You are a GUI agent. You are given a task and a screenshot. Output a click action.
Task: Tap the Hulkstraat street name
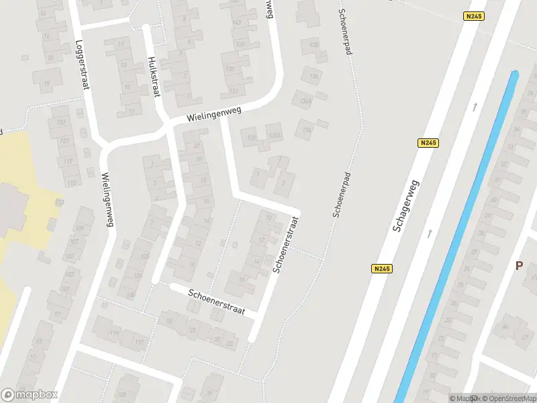tap(153, 76)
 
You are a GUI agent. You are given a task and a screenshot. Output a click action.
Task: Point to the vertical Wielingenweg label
tap(106, 199)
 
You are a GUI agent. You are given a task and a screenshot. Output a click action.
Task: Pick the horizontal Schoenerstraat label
tap(217, 303)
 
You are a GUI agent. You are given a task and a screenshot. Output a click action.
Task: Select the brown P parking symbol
tap(518, 265)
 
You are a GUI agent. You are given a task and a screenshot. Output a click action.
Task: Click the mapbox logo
tap(29, 395)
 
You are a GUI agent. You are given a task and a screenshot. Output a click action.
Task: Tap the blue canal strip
tap(463, 235)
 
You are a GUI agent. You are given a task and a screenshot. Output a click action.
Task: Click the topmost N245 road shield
tap(474, 16)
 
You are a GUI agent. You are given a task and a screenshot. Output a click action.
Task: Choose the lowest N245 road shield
tap(381, 269)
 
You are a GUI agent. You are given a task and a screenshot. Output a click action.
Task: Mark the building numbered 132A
tap(273, 137)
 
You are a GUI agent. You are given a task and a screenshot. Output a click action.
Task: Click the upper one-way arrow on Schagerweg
tap(475, 106)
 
